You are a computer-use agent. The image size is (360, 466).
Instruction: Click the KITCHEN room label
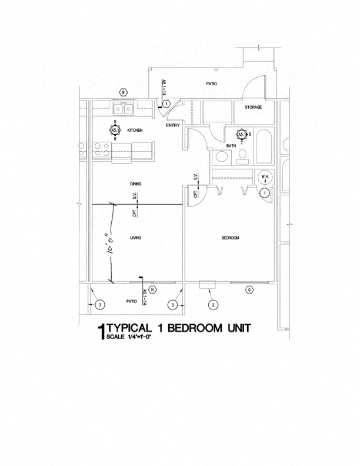pos(135,130)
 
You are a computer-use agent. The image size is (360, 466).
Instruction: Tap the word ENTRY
pos(173,125)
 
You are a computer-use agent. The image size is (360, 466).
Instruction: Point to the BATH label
pos(231,146)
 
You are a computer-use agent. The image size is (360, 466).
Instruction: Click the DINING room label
pos(136,184)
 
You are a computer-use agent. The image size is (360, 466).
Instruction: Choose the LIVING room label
pos(136,238)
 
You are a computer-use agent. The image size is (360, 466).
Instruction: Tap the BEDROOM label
pos(229,238)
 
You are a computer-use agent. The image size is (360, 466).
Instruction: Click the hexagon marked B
pos(124,92)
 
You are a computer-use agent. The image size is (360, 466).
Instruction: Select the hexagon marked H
pos(153,290)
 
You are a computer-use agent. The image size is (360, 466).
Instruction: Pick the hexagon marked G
pos(249,290)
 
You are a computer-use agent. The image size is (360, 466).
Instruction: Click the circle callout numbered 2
pos(212,304)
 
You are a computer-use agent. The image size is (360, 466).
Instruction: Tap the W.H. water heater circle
pos(264,178)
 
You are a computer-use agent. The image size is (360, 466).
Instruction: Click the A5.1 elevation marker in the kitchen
pos(115,131)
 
